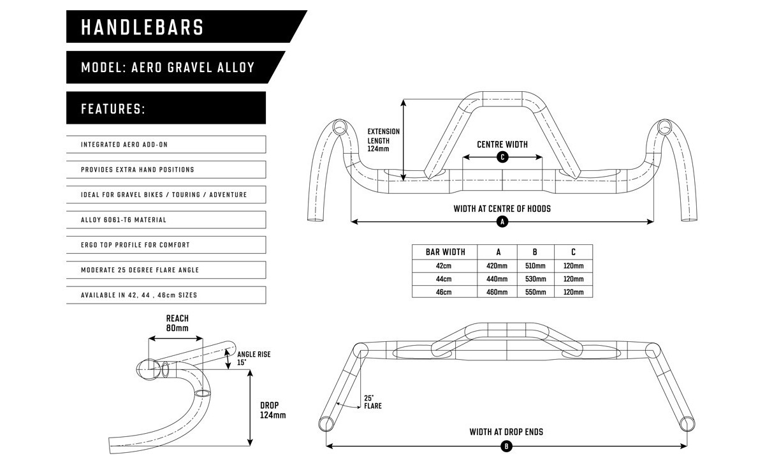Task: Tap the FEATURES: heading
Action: pyautogui.click(x=166, y=108)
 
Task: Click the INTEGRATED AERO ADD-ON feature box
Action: pyautogui.click(x=166, y=145)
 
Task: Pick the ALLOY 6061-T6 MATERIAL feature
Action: pyautogui.click(x=166, y=220)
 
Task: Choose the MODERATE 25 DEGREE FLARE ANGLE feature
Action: pyautogui.click(x=166, y=270)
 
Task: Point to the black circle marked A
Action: pyautogui.click(x=502, y=222)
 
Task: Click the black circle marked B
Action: pyautogui.click(x=506, y=446)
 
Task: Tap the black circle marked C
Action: pyautogui.click(x=502, y=157)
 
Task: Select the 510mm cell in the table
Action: pyautogui.click(x=535, y=266)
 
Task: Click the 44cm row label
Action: pyautogui.click(x=445, y=279)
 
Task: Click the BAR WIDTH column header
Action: pyautogui.click(x=445, y=252)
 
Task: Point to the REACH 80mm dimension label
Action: pyautogui.click(x=177, y=323)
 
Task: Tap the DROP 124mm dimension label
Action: pyautogui.click(x=273, y=409)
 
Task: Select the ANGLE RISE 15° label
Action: pyautogui.click(x=254, y=358)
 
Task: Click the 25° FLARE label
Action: pyautogui.click(x=372, y=402)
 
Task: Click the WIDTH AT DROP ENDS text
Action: pyautogui.click(x=506, y=432)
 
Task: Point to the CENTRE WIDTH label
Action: pyautogui.click(x=502, y=144)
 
